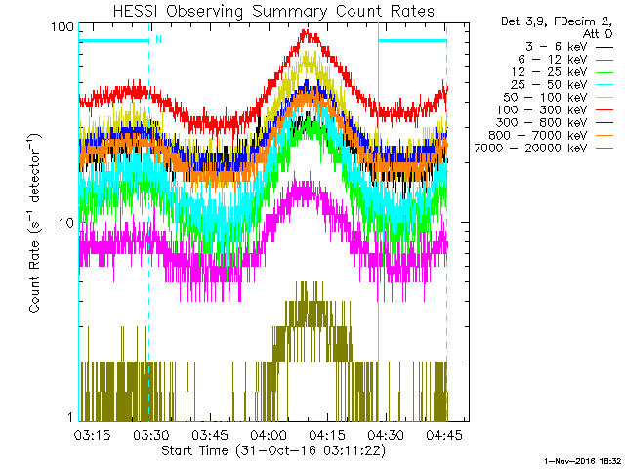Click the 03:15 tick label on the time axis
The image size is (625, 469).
point(92,434)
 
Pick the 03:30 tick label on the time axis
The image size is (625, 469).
point(150,434)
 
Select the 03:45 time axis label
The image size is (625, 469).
point(210,434)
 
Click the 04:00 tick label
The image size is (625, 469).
point(269,434)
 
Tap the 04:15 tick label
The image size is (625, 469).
point(327,434)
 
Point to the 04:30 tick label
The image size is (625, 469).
point(387,434)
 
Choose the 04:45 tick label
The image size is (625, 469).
point(445,434)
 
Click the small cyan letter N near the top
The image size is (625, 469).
point(158,40)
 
